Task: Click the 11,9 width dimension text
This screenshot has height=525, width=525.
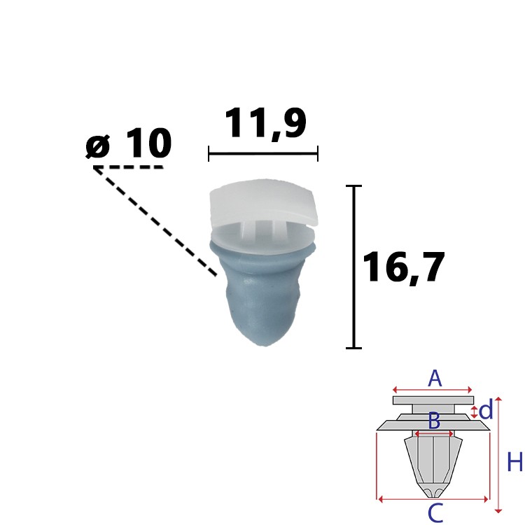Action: (265, 124)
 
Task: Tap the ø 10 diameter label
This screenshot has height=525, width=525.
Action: (129, 145)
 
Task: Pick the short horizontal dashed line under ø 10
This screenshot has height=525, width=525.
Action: (129, 168)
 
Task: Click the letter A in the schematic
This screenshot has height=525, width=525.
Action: (435, 379)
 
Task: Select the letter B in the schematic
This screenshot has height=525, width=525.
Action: (434, 421)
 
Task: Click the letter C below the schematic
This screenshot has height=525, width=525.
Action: (435, 514)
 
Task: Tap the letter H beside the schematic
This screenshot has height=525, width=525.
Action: (514, 462)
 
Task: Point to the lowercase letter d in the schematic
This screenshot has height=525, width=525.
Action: (486, 411)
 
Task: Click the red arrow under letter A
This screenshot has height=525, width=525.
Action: (433, 390)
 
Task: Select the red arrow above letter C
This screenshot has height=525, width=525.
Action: (433, 500)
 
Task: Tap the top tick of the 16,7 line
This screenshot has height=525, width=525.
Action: (354, 187)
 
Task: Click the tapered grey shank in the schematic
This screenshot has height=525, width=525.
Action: (432, 462)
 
